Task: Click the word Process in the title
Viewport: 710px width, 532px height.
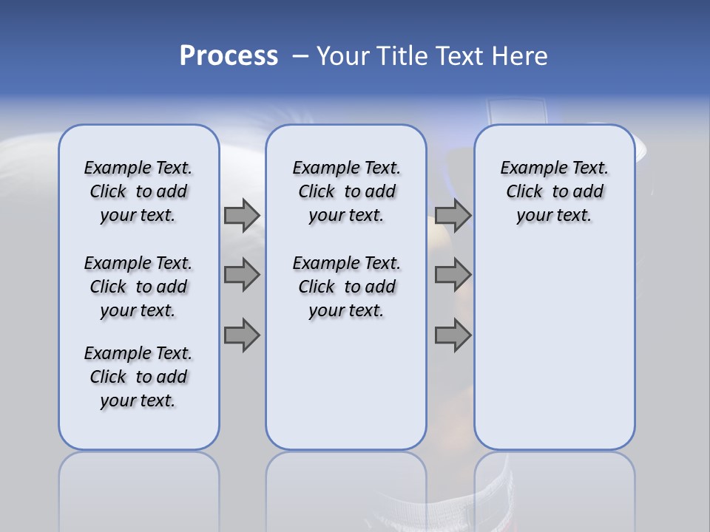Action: [229, 56]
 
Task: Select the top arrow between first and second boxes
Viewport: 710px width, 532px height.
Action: [242, 216]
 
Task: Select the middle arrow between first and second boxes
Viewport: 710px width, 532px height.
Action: [242, 275]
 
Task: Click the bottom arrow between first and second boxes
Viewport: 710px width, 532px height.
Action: [242, 335]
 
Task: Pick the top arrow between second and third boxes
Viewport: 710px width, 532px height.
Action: [453, 216]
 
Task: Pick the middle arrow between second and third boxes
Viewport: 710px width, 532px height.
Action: [453, 275]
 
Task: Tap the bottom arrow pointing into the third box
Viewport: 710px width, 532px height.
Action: [453, 335]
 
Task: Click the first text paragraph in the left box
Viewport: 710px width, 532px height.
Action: [138, 191]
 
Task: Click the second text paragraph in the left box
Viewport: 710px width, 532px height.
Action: [138, 287]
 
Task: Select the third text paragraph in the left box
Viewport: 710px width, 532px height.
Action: [138, 377]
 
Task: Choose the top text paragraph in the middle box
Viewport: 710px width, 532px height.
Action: [346, 191]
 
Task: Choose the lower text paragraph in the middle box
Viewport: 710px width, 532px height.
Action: [346, 287]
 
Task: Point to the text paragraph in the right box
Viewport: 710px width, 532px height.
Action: [554, 191]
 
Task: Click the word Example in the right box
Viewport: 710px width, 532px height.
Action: [527, 168]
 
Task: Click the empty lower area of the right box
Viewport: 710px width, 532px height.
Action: [554, 355]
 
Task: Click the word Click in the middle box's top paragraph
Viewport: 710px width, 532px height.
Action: [317, 192]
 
